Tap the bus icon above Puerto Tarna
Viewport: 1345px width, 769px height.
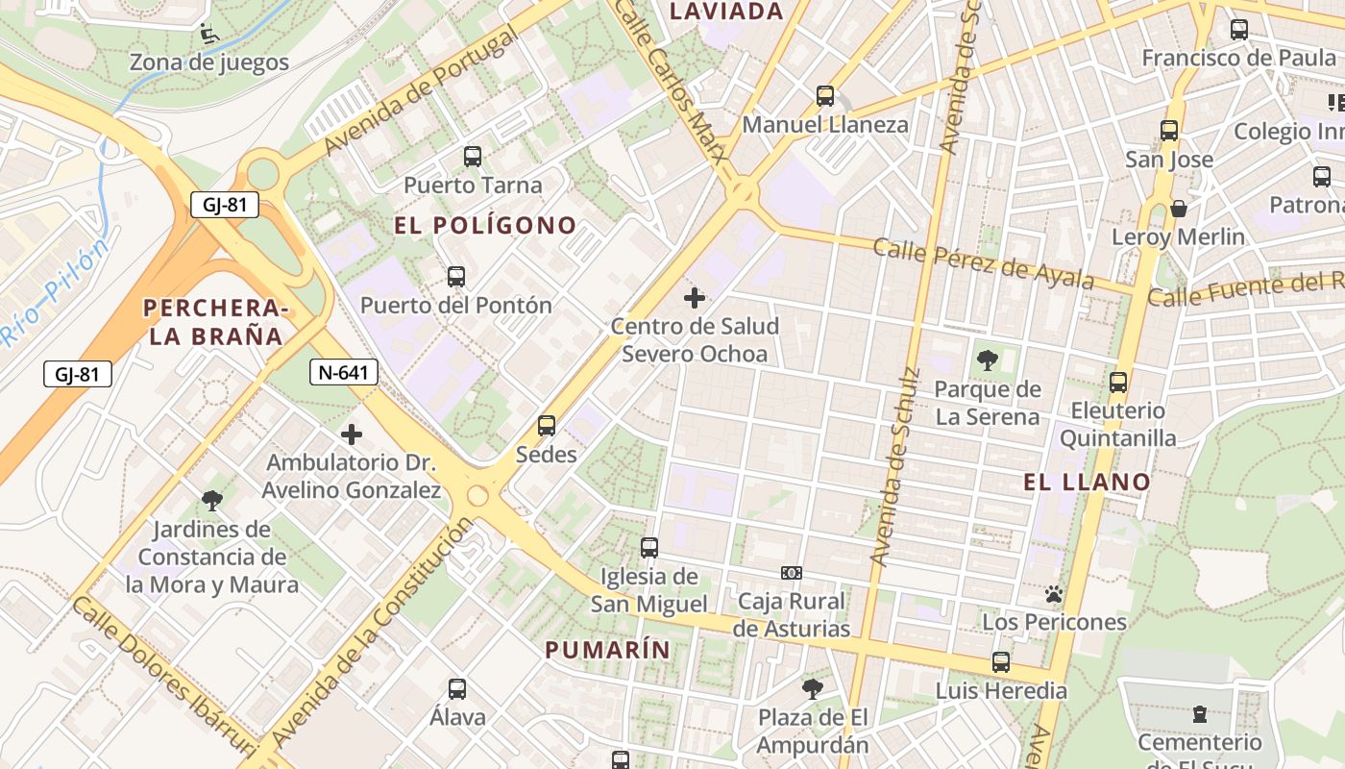pyautogui.click(x=472, y=157)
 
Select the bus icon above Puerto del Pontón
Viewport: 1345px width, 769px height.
pyautogui.click(x=456, y=277)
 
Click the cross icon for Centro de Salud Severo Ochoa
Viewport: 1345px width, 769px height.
pyautogui.click(x=695, y=298)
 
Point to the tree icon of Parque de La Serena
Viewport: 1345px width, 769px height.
pyautogui.click(x=987, y=361)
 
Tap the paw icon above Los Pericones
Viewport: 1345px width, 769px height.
pyautogui.click(x=1054, y=594)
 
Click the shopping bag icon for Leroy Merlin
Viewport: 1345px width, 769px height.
pyautogui.click(x=1179, y=209)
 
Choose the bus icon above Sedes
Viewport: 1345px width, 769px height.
pyautogui.click(x=547, y=425)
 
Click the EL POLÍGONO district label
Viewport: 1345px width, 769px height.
pyautogui.click(x=485, y=226)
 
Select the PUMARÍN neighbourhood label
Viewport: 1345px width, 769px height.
pyautogui.click(x=607, y=650)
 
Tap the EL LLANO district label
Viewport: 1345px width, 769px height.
pyautogui.click(x=1087, y=483)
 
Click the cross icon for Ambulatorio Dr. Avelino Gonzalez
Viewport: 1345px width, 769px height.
pyautogui.click(x=352, y=434)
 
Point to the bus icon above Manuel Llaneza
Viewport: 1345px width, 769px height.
pyautogui.click(x=825, y=96)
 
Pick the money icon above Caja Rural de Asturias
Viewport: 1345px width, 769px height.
pyautogui.click(x=792, y=573)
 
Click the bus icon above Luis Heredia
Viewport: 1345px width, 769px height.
pyautogui.click(x=1001, y=662)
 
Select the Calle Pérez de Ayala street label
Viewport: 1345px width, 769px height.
pyautogui.click(x=983, y=262)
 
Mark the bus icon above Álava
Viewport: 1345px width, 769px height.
pyautogui.click(x=457, y=689)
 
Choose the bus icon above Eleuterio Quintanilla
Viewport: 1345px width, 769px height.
pyautogui.click(x=1118, y=383)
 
